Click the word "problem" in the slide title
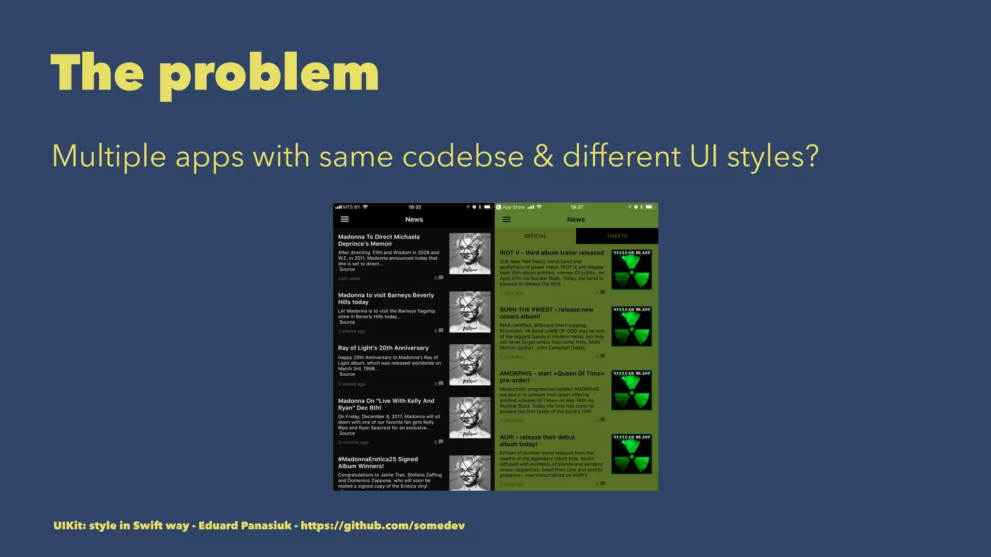(x=269, y=73)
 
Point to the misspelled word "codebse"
(x=463, y=156)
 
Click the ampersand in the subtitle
(x=543, y=156)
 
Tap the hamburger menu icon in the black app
(x=345, y=220)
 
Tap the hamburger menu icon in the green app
(x=507, y=220)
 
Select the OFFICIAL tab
(x=535, y=236)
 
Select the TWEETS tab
(x=617, y=236)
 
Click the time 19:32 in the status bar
(x=415, y=207)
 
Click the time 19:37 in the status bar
(x=577, y=207)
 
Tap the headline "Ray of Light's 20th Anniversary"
(x=383, y=348)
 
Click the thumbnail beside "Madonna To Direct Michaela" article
(x=470, y=254)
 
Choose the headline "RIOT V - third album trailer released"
(x=552, y=253)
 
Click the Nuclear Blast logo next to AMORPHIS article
(x=631, y=390)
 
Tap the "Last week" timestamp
(x=349, y=278)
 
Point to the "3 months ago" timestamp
(x=353, y=442)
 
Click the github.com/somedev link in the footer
(x=382, y=526)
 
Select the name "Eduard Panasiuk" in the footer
(x=245, y=526)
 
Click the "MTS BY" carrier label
(x=351, y=207)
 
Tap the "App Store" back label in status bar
(x=513, y=207)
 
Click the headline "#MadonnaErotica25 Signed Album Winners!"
(x=378, y=463)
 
